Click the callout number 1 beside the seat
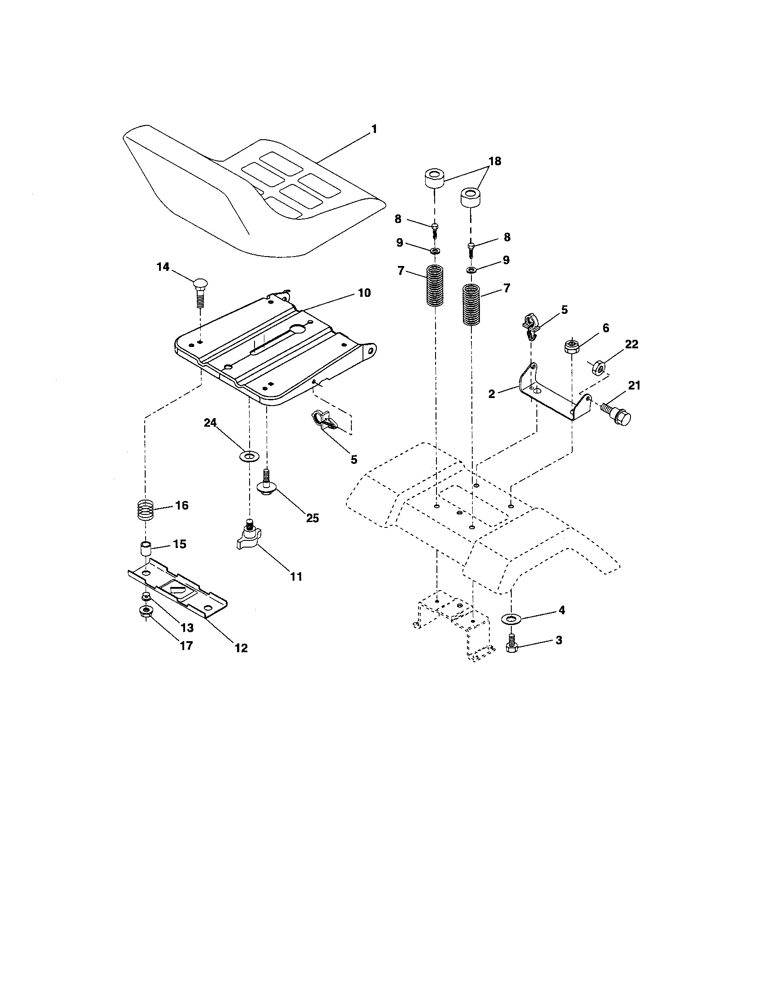(x=374, y=129)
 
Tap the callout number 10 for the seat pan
(x=364, y=293)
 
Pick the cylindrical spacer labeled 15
(x=144, y=550)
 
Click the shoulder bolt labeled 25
(x=266, y=484)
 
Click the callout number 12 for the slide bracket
(x=241, y=648)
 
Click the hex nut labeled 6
(x=571, y=347)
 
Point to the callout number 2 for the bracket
(x=492, y=394)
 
